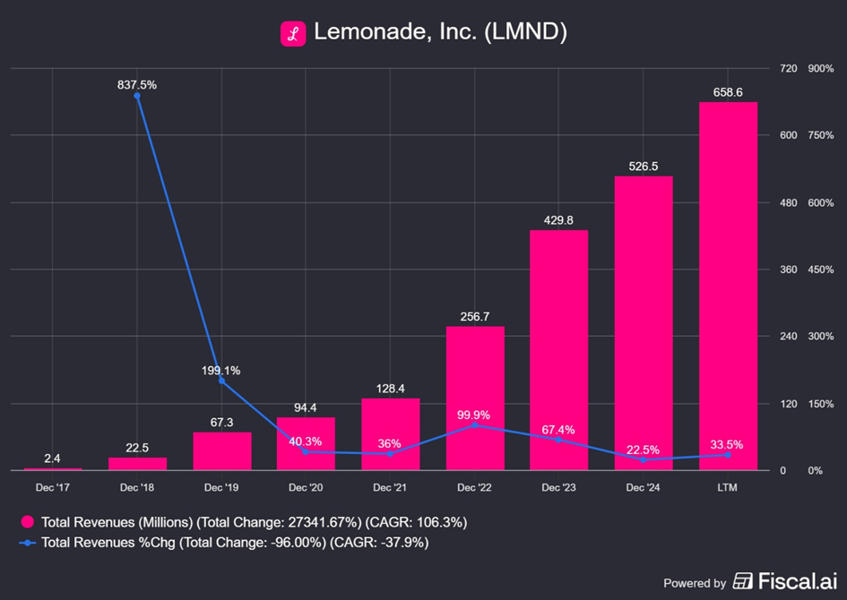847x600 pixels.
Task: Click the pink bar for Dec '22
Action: (x=475, y=398)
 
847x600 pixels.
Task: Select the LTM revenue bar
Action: (x=728, y=286)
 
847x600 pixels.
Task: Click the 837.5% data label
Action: (x=136, y=85)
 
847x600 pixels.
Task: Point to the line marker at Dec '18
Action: (x=137, y=96)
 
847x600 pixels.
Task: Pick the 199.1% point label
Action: (x=220, y=370)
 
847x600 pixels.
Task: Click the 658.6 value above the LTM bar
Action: (x=728, y=92)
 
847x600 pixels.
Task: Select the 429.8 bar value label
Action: (x=558, y=220)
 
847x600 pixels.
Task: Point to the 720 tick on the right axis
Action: (x=763, y=69)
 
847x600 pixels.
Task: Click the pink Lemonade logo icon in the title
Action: (x=293, y=34)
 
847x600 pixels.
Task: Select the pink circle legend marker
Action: (x=28, y=522)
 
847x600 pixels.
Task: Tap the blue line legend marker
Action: (x=28, y=543)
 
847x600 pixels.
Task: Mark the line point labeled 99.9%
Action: (x=475, y=425)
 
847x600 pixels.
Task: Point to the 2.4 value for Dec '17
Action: (x=53, y=459)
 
